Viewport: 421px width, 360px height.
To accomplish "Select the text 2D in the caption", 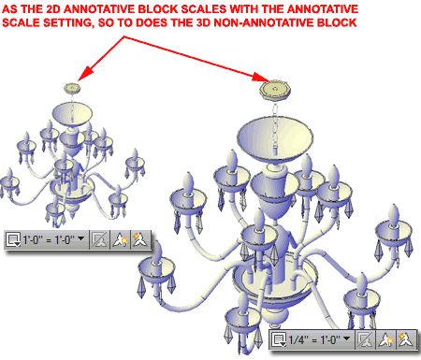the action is pyautogui.click(x=53, y=8).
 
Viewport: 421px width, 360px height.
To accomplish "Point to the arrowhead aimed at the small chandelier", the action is pyautogui.click(x=85, y=74).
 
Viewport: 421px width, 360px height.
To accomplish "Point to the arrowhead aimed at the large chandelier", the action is pyautogui.click(x=260, y=77).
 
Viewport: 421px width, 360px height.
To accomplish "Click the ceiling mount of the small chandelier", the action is pyautogui.click(x=72, y=88).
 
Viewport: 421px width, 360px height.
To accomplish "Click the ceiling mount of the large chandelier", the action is pyautogui.click(x=275, y=90).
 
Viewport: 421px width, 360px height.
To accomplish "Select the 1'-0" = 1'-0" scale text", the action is pyautogui.click(x=49, y=240).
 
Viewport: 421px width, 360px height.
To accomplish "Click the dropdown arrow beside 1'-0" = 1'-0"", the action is pyautogui.click(x=80, y=238).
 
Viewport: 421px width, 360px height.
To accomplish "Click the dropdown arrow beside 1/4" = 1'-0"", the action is pyautogui.click(x=346, y=338).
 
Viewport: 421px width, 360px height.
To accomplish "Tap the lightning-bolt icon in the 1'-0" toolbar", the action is pyautogui.click(x=139, y=239).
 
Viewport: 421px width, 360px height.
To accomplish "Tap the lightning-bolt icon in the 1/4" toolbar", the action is pyautogui.click(x=405, y=339).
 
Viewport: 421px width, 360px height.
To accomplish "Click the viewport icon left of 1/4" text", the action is pyautogui.click(x=279, y=339).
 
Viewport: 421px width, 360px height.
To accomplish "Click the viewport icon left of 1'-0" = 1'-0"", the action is pyautogui.click(x=13, y=239).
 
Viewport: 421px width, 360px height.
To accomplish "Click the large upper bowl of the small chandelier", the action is pyautogui.click(x=72, y=113).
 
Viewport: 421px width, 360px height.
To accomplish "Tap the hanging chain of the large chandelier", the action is pyautogui.click(x=275, y=128).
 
